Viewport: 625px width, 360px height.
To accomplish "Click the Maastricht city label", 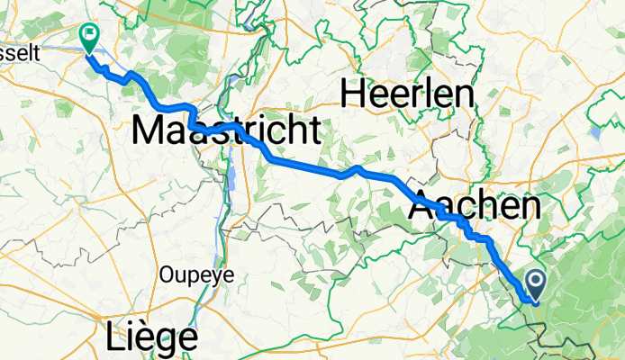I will [225, 131].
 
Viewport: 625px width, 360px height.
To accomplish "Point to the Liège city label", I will [151, 337].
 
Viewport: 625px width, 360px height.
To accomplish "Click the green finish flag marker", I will [89, 37].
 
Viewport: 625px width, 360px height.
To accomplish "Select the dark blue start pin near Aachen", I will [534, 285].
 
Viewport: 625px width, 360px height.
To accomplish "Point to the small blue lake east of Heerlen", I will [595, 131].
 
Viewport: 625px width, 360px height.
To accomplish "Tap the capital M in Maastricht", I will [149, 131].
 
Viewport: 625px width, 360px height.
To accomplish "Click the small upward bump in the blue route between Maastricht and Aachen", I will [358, 168].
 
